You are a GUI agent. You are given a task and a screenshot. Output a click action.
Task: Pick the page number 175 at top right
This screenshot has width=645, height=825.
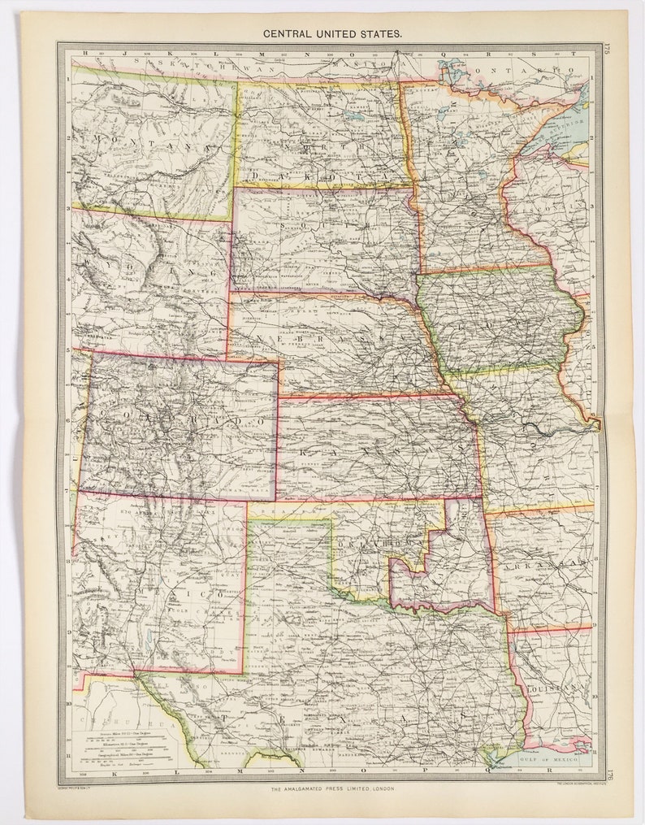pos(606,50)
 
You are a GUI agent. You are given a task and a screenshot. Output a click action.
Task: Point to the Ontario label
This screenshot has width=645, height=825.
pos(544,71)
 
